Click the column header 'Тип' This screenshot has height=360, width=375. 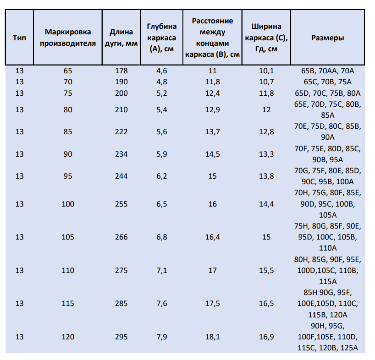tap(19, 38)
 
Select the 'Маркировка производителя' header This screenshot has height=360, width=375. tap(68, 38)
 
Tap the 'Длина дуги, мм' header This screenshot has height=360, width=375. tap(121, 38)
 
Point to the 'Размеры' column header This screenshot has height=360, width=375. tap(328, 38)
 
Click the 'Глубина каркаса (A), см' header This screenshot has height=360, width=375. tap(162, 38)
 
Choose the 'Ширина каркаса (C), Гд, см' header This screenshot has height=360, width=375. tap(266, 38)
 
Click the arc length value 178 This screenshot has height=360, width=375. tap(121, 71)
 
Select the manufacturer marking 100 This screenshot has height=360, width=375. tap(68, 204)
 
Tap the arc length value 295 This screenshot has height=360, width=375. tap(121, 337)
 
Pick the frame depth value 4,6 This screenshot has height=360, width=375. tap(162, 71)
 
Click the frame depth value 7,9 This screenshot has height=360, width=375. tap(162, 337)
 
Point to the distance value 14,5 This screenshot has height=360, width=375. tap(212, 154)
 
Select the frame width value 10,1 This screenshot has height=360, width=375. tap(266, 71)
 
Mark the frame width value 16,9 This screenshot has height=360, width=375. tap(266, 337)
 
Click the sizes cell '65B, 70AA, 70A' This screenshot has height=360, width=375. tap(328, 71)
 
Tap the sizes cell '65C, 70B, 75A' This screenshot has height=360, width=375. tap(328, 82)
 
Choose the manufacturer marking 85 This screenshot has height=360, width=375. tap(68, 131)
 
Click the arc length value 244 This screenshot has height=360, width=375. tap(121, 176)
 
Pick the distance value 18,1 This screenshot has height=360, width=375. tap(212, 337)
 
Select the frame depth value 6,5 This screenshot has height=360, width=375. tap(162, 204)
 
